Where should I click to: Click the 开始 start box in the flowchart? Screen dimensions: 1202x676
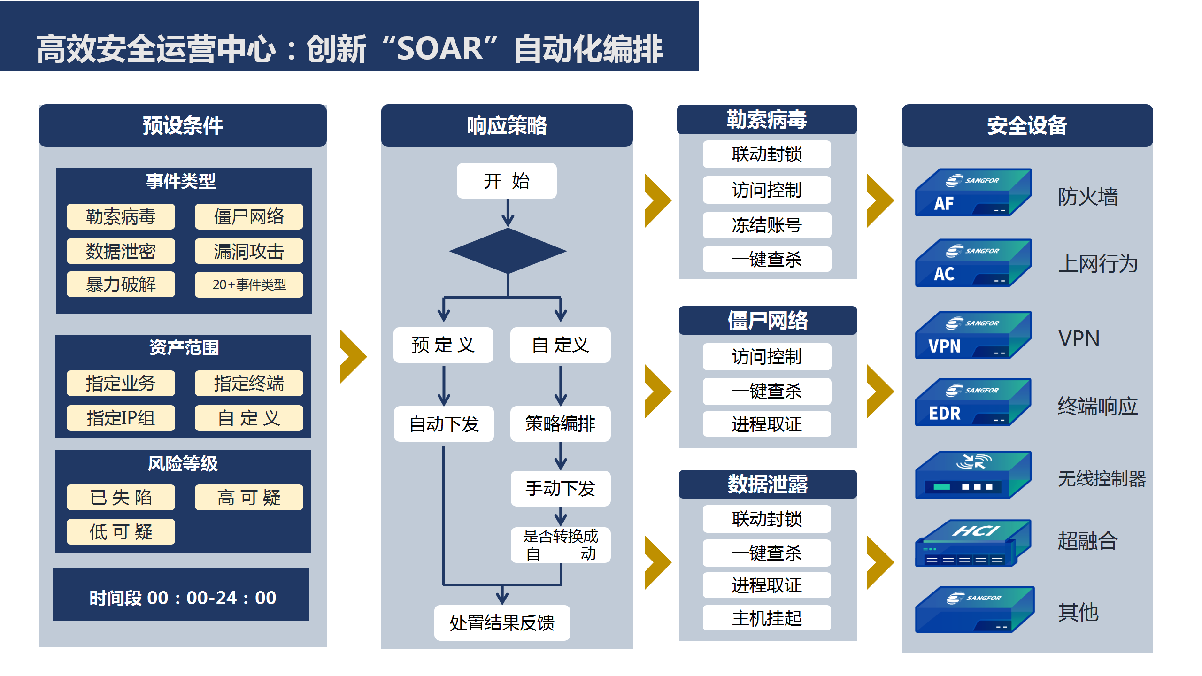pyautogui.click(x=507, y=181)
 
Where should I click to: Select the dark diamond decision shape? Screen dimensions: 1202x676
pyautogui.click(x=508, y=251)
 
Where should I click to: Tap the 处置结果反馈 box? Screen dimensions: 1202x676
pyautogui.click(x=502, y=622)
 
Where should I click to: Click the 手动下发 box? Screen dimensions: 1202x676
pyautogui.click(x=560, y=488)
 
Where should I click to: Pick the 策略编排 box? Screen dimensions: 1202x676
pyautogui.click(x=560, y=423)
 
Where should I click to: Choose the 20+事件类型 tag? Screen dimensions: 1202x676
pyautogui.click(x=249, y=284)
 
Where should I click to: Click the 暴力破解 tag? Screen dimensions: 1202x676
pyautogui.click(x=121, y=284)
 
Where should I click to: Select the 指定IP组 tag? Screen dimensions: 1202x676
pyautogui.click(x=121, y=418)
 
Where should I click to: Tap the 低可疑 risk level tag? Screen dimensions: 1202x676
pyautogui.click(x=121, y=532)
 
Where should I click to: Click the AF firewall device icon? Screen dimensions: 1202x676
pyautogui.click(x=973, y=192)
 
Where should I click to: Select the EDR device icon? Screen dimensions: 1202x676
pyautogui.click(x=973, y=402)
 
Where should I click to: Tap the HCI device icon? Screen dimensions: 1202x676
pyautogui.click(x=973, y=543)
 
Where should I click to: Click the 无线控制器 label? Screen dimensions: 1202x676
pyautogui.click(x=1102, y=479)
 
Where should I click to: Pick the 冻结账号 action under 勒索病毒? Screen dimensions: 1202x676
pyautogui.click(x=767, y=225)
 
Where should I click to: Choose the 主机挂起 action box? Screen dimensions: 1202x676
pyautogui.click(x=767, y=618)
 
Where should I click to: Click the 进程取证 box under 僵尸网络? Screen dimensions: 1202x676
pyautogui.click(x=767, y=424)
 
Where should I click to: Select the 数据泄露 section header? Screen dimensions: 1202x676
pyautogui.click(x=768, y=484)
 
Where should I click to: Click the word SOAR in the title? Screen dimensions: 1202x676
pyautogui.click(x=440, y=49)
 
